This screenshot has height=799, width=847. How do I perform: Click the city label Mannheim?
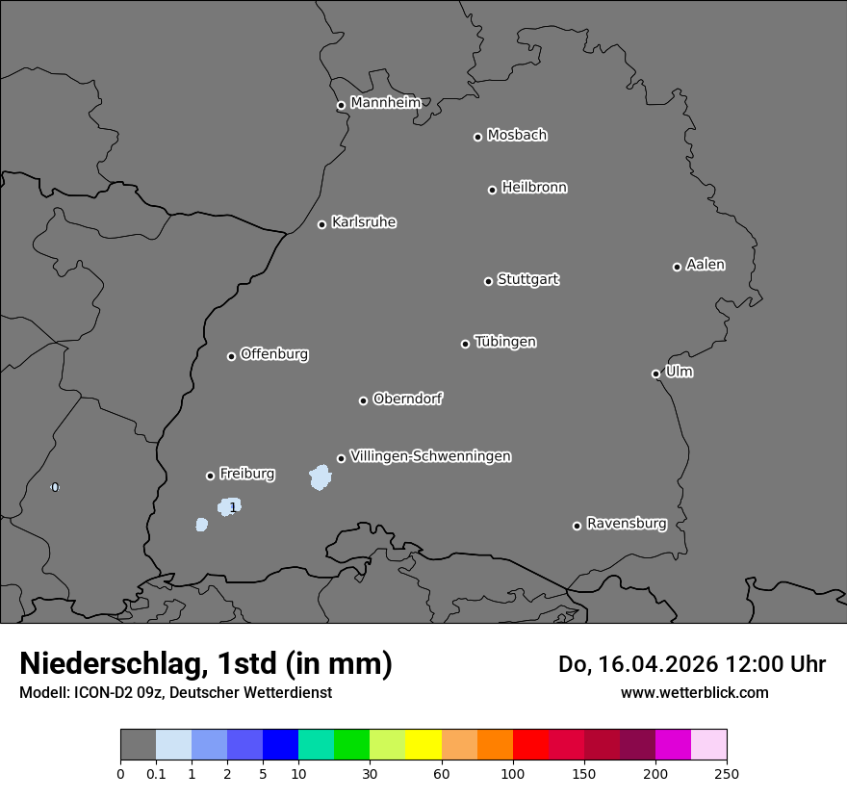(x=385, y=102)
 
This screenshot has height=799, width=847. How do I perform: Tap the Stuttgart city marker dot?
(x=488, y=281)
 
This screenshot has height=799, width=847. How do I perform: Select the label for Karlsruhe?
(x=364, y=222)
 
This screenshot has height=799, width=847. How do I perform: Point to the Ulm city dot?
(x=655, y=374)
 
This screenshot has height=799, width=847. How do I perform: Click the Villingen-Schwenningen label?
(x=430, y=456)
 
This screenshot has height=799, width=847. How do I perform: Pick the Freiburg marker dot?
(x=210, y=476)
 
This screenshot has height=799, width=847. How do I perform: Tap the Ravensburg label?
(x=627, y=524)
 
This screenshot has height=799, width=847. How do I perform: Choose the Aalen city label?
(x=706, y=265)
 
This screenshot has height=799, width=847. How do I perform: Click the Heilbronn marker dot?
(x=492, y=190)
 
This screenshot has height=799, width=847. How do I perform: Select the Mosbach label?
(x=517, y=136)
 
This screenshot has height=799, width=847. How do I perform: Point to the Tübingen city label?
(x=505, y=342)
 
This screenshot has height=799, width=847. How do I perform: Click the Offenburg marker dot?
(x=231, y=356)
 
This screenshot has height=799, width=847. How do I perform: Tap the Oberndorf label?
(x=408, y=399)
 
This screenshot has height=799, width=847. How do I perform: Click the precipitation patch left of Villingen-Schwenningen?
(x=320, y=477)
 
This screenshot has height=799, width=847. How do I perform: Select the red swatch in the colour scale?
(x=530, y=745)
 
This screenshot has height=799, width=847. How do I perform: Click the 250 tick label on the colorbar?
(x=727, y=773)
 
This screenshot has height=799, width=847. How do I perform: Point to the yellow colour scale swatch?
(x=423, y=745)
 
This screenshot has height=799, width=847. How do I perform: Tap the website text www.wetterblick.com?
(x=694, y=692)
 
